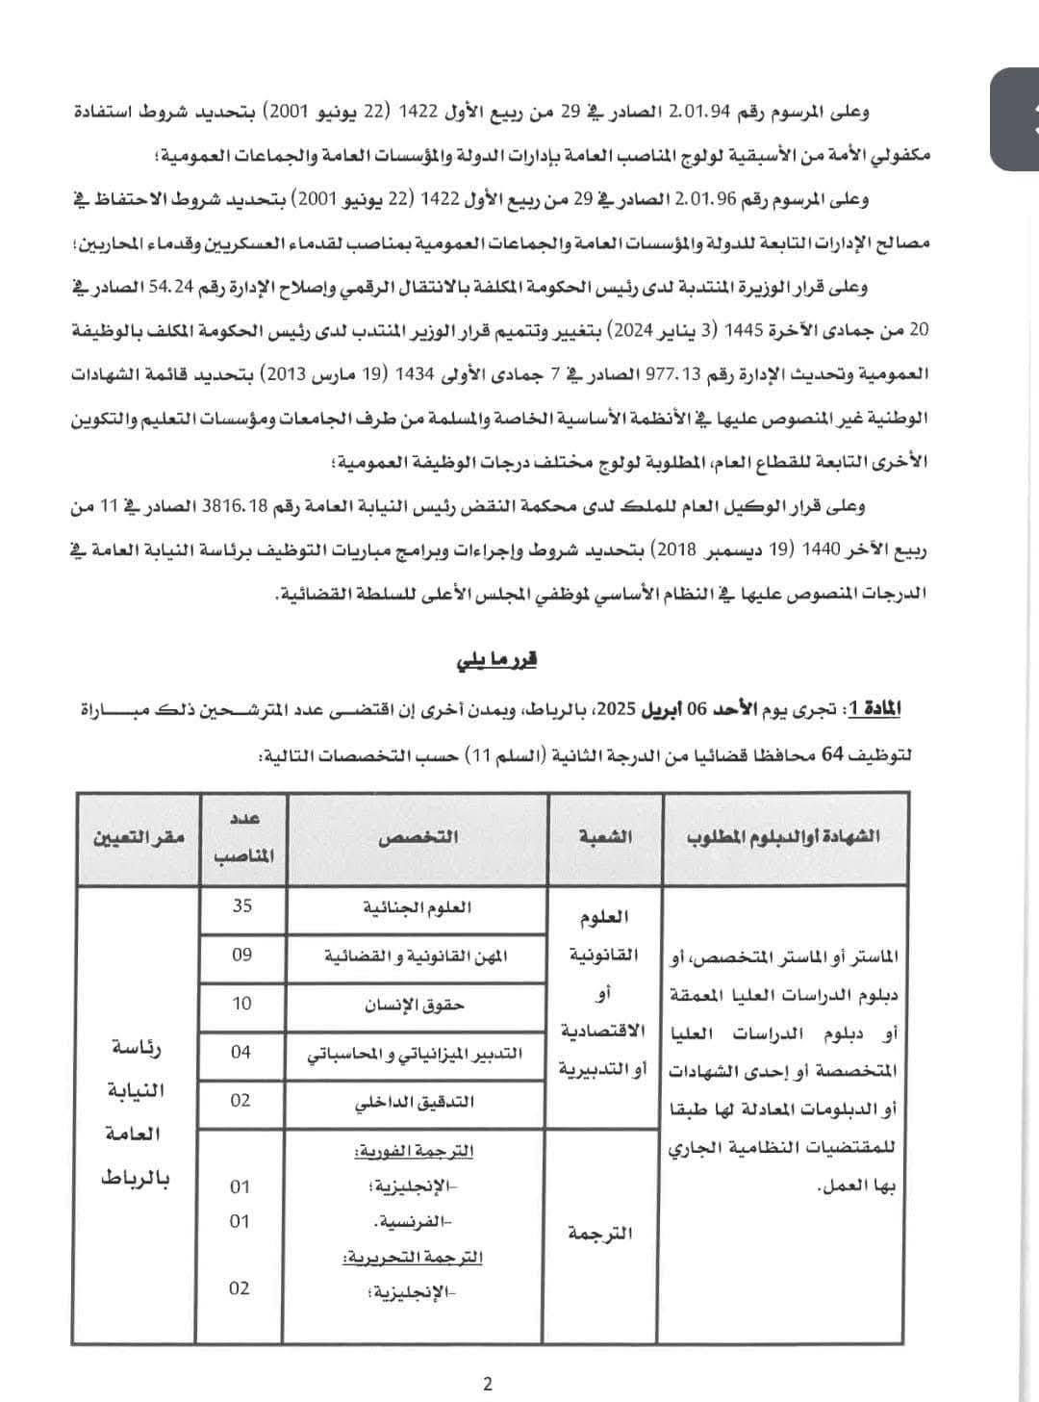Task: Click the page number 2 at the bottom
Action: [487, 1385]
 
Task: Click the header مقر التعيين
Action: [138, 837]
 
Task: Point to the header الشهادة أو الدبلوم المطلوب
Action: [783, 836]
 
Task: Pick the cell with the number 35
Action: [241, 905]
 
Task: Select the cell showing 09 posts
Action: [241, 955]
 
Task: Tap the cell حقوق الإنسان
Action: [415, 1005]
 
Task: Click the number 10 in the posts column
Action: [241, 1004]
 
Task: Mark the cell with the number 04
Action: [241, 1053]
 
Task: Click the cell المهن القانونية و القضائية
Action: [416, 956]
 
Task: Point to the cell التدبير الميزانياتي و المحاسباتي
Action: [415, 1054]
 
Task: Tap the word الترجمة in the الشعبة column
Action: [601, 1233]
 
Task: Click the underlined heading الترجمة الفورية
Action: [415, 1151]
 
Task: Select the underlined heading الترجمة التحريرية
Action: [413, 1257]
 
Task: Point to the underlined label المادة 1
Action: [873, 710]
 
